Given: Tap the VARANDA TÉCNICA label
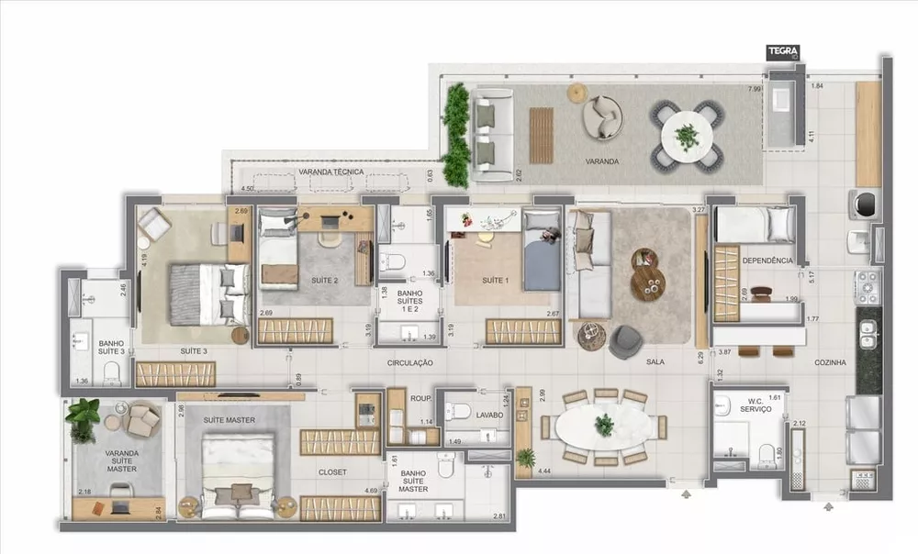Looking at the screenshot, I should click(331, 172).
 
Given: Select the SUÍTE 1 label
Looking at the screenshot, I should click(495, 280).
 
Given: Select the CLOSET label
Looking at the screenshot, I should click(332, 472).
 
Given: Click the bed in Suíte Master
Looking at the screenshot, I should click(238, 472).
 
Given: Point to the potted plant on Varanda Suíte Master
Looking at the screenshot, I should click(84, 416).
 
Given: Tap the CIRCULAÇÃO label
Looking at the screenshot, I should click(409, 363).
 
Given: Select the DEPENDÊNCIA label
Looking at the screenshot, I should click(768, 260).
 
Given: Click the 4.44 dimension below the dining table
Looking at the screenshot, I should click(543, 471).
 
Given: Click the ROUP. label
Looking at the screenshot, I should click(421, 399).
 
